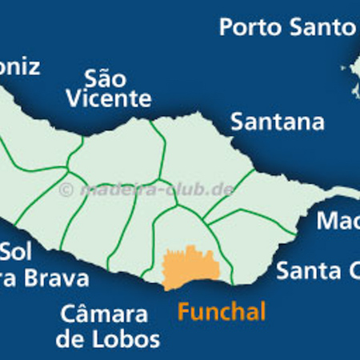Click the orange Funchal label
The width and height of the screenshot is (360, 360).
[x=221, y=311]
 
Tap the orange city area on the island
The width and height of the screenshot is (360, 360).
[x=190, y=268]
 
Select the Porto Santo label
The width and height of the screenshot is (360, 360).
[x=286, y=28]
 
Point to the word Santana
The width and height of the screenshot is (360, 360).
[x=278, y=122]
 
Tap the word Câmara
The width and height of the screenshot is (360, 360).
[x=102, y=313]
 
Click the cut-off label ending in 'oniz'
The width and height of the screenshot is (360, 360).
[x=19, y=66]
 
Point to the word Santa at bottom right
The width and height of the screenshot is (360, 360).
[x=305, y=270]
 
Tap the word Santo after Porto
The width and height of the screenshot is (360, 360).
[x=322, y=28]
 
